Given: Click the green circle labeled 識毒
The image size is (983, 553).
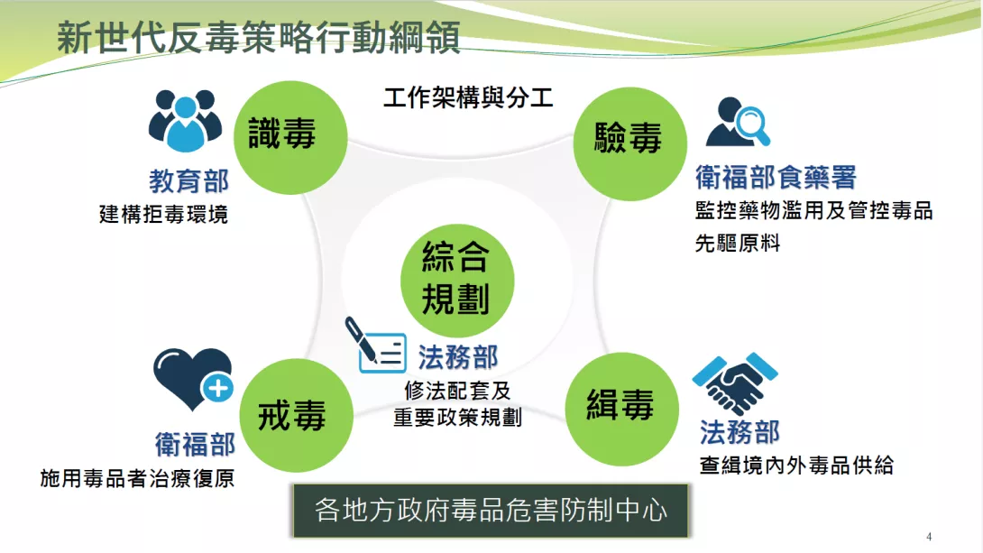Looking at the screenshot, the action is pos(290,137).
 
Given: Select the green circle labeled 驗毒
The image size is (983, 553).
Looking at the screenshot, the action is pos(630,143).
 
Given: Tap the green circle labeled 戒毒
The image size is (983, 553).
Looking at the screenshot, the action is pos(296,415).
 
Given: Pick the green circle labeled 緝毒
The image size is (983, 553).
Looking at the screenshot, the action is pos(622,409).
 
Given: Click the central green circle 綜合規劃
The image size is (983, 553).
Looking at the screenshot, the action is pos(457,281).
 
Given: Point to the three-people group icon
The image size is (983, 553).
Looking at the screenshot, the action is pos(185,121).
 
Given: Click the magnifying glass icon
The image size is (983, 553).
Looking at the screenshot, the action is pos(753,124).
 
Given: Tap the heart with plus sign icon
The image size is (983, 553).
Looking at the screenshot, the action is pos(193,380).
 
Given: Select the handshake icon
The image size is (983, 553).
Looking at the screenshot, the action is pos(735,383).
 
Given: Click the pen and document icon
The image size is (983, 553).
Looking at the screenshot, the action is pos(375,345).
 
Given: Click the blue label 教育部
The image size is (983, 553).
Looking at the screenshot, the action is pos(188,181).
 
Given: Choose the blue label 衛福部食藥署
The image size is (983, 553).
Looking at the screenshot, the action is pos(776,178).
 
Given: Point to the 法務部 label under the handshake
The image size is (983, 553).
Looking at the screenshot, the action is pos(740,432).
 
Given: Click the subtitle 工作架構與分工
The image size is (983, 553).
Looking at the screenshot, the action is pos(468,97).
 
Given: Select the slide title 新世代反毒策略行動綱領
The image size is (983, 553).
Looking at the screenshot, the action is pos(258,38).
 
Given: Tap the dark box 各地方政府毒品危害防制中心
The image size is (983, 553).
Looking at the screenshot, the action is pos(491,511).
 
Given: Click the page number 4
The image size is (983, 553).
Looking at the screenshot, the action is pos(929,537).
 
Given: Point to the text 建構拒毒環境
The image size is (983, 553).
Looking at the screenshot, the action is pos(163,215).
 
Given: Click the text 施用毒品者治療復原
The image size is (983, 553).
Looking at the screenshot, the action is pos(137,478).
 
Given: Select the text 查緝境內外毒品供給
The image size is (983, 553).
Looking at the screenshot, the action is pos(796,465).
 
